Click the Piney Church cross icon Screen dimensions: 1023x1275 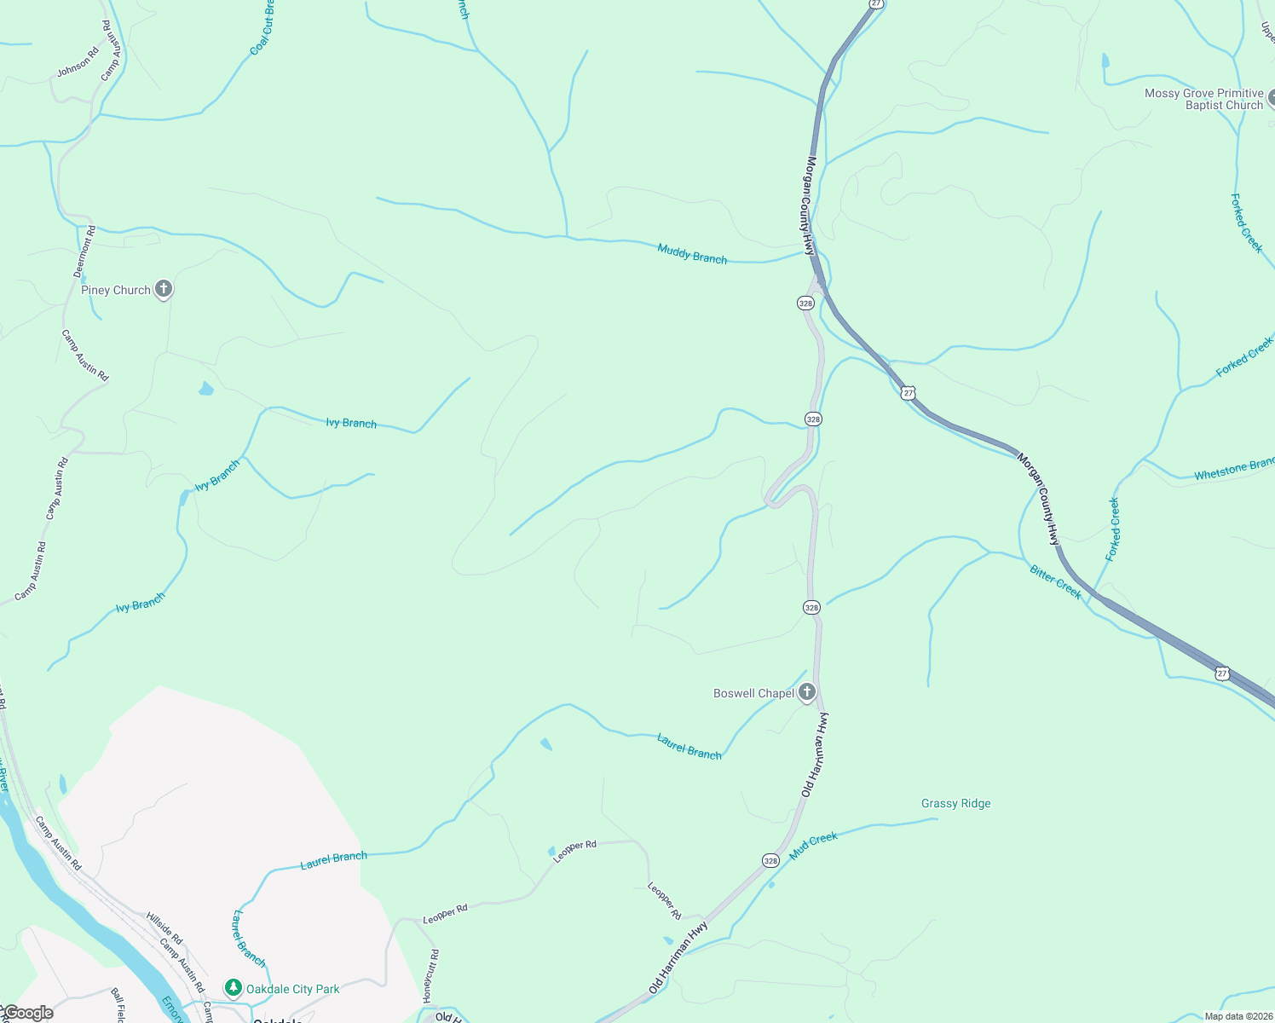tap(164, 290)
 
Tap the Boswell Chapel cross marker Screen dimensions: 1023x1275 tap(807, 692)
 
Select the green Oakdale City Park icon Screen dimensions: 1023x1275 tap(234, 987)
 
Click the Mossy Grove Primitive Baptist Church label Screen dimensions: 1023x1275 tap(1203, 99)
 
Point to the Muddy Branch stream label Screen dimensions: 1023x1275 tap(692, 254)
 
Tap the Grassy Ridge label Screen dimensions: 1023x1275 tap(955, 803)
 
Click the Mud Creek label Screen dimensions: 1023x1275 tap(813, 845)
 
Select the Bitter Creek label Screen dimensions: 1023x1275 tap(1055, 582)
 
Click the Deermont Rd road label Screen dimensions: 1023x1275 tap(84, 251)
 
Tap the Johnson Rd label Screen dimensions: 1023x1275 tap(78, 62)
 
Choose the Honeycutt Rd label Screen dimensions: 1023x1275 tap(430, 975)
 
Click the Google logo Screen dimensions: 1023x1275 tap(28, 1013)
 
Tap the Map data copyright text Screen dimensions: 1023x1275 tap(1237, 1016)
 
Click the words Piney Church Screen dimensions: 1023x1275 tap(116, 290)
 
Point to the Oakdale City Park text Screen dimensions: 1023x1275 tap(292, 989)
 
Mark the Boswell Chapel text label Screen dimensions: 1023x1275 tap(753, 693)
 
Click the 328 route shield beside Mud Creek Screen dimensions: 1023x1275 tap(770, 860)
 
